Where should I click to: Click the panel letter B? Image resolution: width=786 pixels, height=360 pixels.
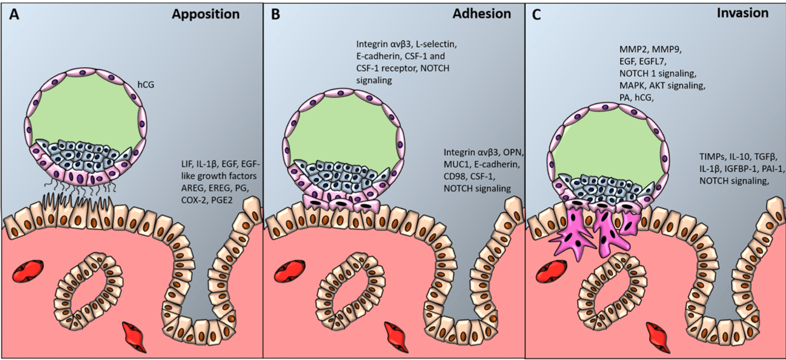[x=276, y=14]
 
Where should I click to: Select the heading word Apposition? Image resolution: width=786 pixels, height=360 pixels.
[x=205, y=14]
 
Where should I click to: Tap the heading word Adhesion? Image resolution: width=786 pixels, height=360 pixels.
[x=481, y=14]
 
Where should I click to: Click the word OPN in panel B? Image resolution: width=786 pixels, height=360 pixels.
[x=517, y=152]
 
